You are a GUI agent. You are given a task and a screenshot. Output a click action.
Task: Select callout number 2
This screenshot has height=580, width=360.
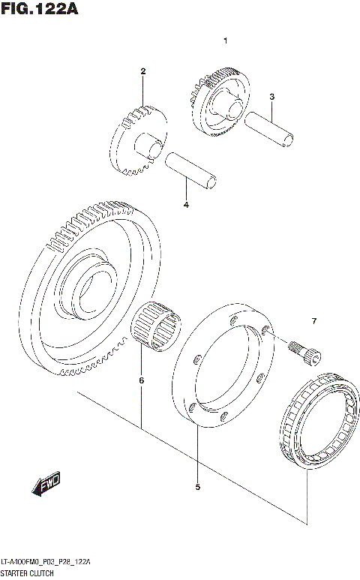(x=142, y=71)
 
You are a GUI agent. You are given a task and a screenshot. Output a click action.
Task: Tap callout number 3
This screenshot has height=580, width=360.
(x=272, y=97)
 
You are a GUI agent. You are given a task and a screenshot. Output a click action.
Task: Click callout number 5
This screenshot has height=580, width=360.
(x=197, y=487)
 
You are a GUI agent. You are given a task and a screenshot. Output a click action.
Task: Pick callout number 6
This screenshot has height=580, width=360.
(x=141, y=380)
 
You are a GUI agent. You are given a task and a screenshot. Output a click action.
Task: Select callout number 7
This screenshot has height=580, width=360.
(x=314, y=322)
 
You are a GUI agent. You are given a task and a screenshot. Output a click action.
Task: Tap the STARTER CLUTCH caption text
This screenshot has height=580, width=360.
(x=27, y=573)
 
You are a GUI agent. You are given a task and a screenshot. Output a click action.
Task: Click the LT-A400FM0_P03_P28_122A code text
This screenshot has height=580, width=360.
(x=46, y=562)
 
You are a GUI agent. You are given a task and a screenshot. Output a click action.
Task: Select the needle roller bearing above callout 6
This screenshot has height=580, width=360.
(x=157, y=324)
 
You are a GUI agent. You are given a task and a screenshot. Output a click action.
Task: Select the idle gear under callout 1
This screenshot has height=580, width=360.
(x=218, y=101)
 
